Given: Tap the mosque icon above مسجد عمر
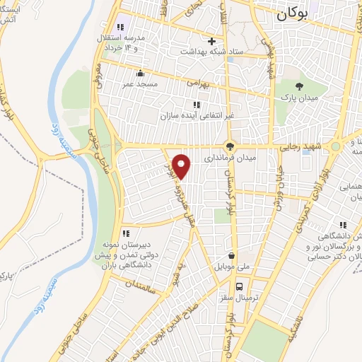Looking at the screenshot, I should pyautogui.click(x=141, y=73).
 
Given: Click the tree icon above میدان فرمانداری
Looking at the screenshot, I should pyautogui.click(x=229, y=146).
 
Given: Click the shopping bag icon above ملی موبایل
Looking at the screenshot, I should pyautogui.click(x=230, y=257).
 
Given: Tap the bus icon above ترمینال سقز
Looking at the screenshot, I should pyautogui.click(x=240, y=286).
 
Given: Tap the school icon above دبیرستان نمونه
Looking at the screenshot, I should pyautogui.click(x=126, y=233).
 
